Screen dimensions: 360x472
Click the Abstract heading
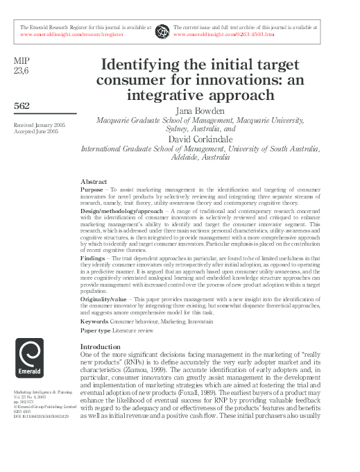pos(94,180)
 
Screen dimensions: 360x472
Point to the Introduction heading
pos(100,346)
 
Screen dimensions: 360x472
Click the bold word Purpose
pos(92,189)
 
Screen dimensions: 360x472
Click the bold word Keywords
pos(94,321)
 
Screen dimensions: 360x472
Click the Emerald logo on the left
pos(29,362)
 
